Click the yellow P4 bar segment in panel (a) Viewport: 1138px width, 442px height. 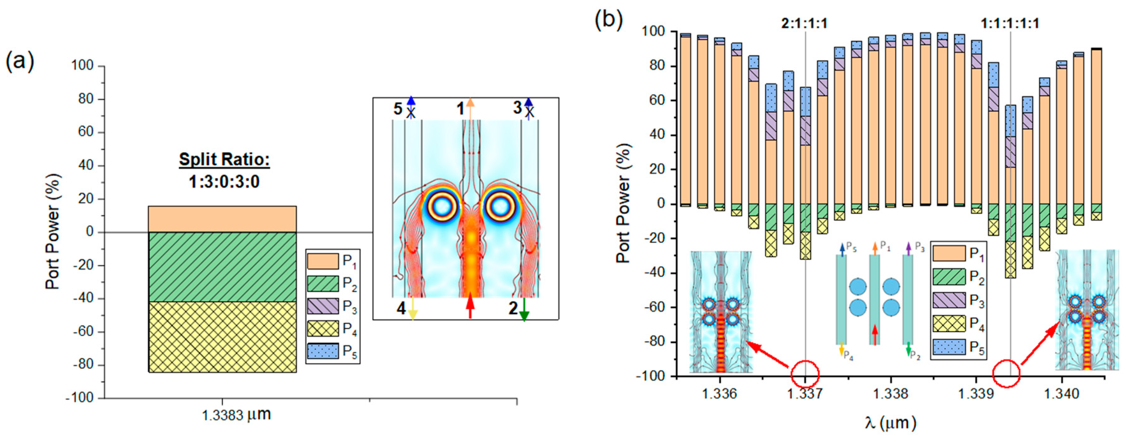222,337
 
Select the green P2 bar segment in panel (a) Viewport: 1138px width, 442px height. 222,267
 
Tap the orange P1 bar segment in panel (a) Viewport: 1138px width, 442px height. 222,219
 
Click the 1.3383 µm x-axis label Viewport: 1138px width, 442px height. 236,415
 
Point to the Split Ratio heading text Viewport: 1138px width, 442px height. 224,160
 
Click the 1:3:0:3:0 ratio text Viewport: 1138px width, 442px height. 224,181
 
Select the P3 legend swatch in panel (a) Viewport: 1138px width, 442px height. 323,306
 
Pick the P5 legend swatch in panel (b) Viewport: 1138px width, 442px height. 949,347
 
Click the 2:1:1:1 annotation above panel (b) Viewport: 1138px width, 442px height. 804,23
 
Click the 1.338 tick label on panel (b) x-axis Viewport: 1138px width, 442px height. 891,393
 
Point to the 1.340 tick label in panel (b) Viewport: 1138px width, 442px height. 1061,393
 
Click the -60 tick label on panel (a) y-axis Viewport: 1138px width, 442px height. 83,332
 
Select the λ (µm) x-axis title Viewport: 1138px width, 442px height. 890,423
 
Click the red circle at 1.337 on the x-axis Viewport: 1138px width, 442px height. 805,374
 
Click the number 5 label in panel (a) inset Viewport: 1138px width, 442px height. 398,109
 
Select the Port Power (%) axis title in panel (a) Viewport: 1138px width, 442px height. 53,232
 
